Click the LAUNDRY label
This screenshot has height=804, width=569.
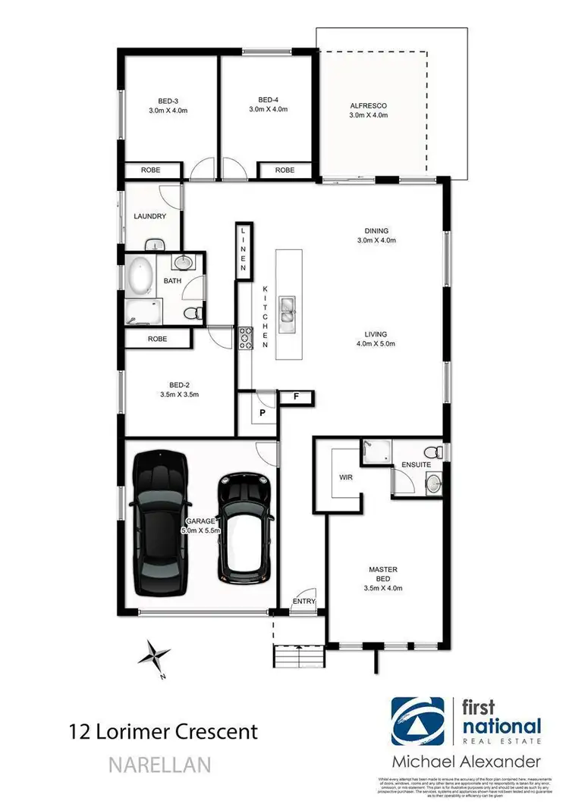(149, 216)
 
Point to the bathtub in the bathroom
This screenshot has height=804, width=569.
(141, 277)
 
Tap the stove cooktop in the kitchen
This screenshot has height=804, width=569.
(246, 338)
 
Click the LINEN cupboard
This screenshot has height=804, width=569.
(244, 250)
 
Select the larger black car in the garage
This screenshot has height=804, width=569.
(159, 523)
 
